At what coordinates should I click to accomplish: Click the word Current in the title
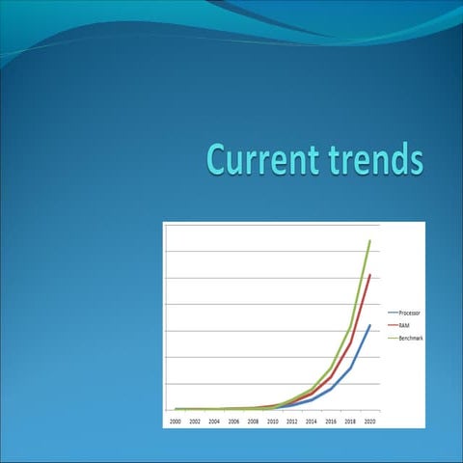(259, 159)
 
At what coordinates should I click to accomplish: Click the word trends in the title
(372, 159)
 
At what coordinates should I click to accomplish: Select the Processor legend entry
(409, 314)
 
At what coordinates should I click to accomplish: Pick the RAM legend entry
(404, 326)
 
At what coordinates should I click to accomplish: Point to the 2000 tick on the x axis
(176, 422)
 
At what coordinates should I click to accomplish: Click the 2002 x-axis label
(195, 422)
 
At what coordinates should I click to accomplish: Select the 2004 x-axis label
(214, 422)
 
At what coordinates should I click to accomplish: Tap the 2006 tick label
(233, 422)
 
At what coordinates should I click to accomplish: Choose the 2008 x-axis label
(253, 422)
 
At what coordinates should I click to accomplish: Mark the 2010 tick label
(272, 422)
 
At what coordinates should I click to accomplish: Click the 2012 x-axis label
(291, 422)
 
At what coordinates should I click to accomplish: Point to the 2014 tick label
(311, 422)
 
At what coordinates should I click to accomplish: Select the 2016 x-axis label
(331, 422)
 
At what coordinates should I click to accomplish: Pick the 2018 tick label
(350, 422)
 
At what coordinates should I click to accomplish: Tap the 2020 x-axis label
(369, 422)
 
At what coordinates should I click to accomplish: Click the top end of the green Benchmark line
(369, 241)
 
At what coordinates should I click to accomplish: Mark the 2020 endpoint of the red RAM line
(369, 276)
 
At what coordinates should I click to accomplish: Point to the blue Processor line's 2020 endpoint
(369, 326)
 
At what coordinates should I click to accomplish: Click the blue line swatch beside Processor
(393, 314)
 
